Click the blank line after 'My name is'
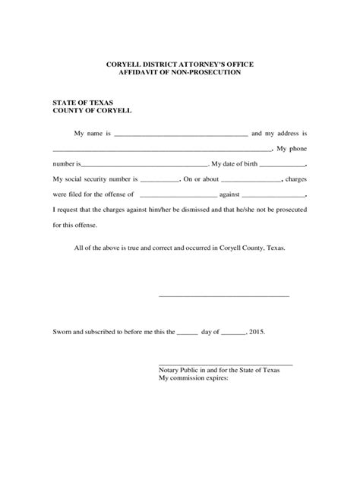click(181, 134)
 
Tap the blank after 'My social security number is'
click(159, 181)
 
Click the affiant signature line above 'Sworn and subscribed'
click(223, 294)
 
